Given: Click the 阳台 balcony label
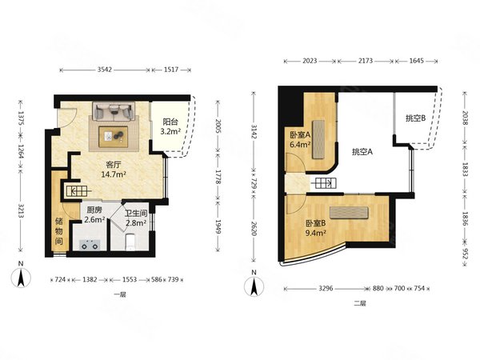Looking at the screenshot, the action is (170, 122).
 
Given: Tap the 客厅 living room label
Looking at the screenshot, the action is (114, 165).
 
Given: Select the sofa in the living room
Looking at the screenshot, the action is (114, 111).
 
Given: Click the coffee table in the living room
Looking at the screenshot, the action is (114, 137).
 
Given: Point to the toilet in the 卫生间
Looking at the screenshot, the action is (131, 242).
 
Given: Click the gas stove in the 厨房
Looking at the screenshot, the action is (90, 246).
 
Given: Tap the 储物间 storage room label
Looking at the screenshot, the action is (59, 231).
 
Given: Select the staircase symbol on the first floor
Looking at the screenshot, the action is (77, 191).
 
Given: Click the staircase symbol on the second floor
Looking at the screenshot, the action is (324, 183).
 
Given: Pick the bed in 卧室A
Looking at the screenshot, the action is (318, 139).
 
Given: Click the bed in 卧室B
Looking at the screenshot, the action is (349, 213).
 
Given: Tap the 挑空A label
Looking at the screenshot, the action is (362, 151).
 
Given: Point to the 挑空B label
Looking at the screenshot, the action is (415, 118).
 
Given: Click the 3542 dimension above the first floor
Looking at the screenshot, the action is (105, 70).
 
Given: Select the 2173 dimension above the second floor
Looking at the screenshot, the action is (366, 61).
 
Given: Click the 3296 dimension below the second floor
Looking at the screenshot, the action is (326, 288).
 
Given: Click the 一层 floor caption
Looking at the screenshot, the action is (120, 294).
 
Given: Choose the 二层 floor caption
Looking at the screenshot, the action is (360, 304).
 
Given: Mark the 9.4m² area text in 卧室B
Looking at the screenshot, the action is (316, 233).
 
